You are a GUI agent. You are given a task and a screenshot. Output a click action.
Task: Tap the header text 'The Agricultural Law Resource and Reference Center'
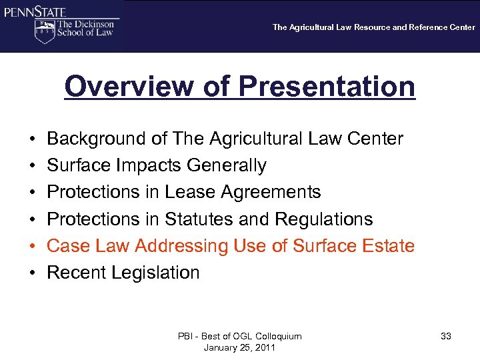point(373,27)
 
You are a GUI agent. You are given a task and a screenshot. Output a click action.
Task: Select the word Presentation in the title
point(327,87)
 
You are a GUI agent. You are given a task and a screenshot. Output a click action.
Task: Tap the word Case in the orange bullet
point(67,246)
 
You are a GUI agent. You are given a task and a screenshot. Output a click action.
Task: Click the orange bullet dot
point(33,246)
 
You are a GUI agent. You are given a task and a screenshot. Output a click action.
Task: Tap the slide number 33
point(446,337)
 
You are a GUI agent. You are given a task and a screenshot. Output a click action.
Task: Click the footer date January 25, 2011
point(239,347)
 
